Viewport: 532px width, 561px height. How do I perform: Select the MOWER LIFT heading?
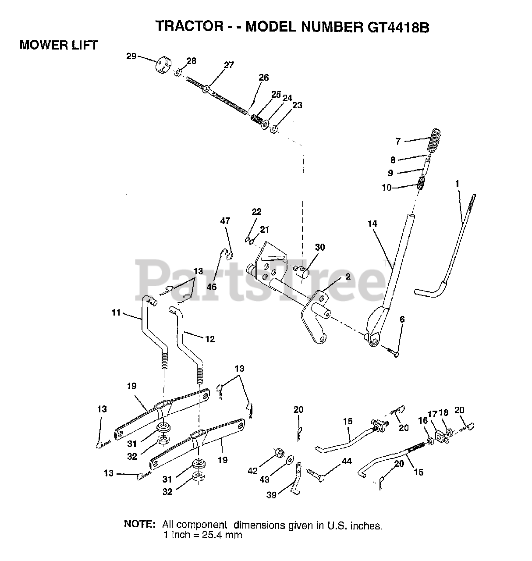pyautogui.click(x=58, y=45)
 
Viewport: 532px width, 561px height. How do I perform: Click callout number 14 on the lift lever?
pyautogui.click(x=372, y=224)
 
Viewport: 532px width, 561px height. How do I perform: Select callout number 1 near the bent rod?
pyautogui.click(x=457, y=184)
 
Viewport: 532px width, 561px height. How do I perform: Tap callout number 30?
pyautogui.click(x=320, y=247)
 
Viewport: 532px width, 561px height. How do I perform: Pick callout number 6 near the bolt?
pyautogui.click(x=402, y=320)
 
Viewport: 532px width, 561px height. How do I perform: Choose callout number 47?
pyautogui.click(x=225, y=221)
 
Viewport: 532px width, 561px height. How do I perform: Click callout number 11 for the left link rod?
pyautogui.click(x=115, y=313)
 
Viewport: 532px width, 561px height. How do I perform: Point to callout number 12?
pyautogui.click(x=210, y=339)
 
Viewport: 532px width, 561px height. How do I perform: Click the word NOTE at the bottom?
pyautogui.click(x=139, y=524)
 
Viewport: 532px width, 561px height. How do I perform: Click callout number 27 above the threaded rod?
pyautogui.click(x=229, y=65)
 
